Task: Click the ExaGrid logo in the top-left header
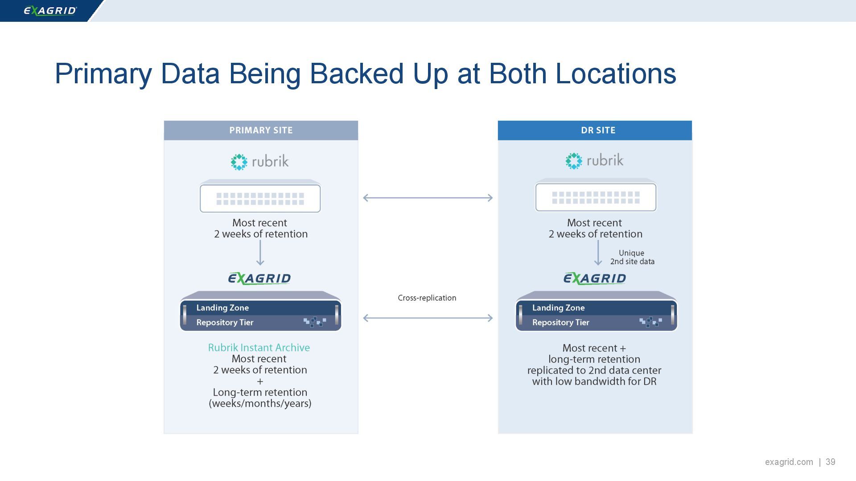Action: tap(50, 10)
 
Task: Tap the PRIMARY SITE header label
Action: tap(261, 130)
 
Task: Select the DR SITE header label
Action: tap(598, 130)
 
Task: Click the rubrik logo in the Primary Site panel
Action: tap(260, 161)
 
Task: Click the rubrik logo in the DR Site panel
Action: tap(594, 160)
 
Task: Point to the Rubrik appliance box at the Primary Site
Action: tap(260, 197)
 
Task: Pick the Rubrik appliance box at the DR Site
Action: tap(596, 196)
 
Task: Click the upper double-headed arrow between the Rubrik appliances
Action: tap(428, 198)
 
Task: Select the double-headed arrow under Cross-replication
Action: tap(428, 318)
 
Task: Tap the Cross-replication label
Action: tap(427, 298)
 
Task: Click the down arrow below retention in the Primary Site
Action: tap(260, 253)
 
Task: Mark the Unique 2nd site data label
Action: tap(632, 257)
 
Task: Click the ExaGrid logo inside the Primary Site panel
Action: tap(259, 279)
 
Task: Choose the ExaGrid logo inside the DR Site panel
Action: tap(595, 279)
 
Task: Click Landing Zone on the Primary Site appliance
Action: tap(222, 308)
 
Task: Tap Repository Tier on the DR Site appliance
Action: tap(560, 322)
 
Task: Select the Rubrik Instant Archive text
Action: tap(259, 348)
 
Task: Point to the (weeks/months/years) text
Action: tap(260, 404)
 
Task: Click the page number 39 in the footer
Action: tap(830, 462)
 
